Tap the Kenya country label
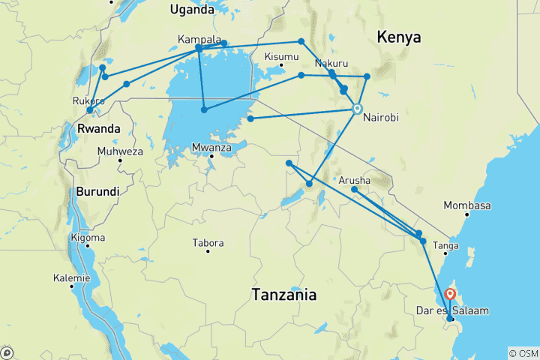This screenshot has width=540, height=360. pos(398,37)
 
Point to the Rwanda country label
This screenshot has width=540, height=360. pos(99,129)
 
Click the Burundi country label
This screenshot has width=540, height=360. pos(97,191)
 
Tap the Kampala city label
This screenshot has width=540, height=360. pos(199,39)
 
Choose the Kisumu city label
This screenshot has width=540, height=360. pos(282,57)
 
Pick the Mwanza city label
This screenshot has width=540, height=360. pos(211,148)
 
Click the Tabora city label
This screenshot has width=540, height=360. pos(208,243)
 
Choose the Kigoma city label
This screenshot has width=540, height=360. pos(88,238)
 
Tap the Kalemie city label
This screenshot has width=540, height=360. pos(71,277)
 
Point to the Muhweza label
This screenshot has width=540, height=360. pos(120,151)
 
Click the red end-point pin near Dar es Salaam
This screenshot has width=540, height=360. pos(450,295)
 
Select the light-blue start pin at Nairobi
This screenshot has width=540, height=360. pos(358,109)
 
